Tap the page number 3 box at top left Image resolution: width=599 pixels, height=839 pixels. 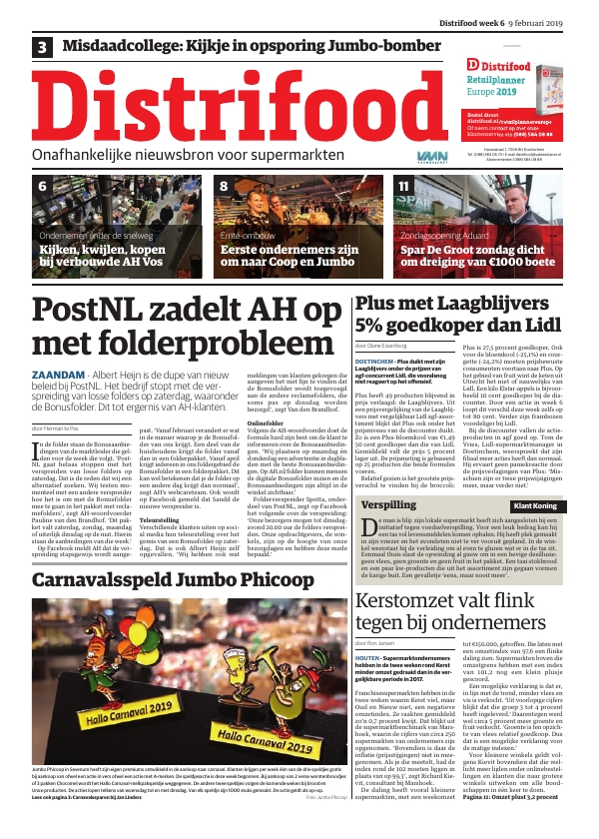(x=43, y=47)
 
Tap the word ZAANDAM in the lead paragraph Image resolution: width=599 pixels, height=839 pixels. (x=58, y=375)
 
